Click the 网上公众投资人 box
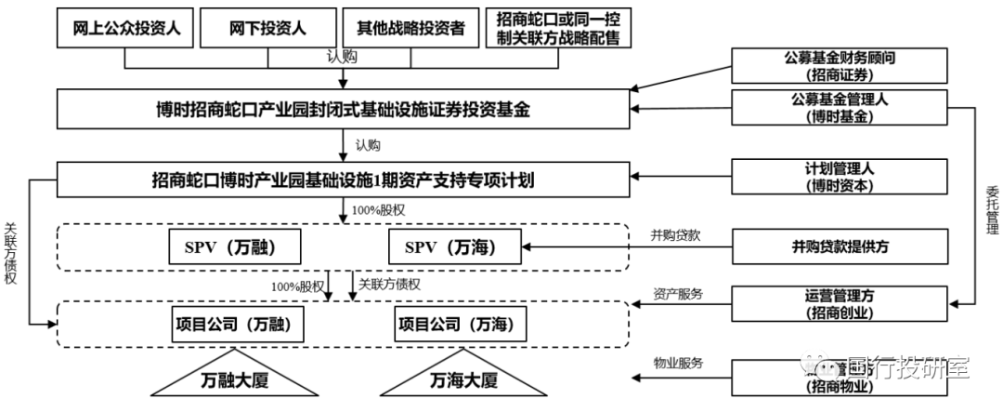click(x=125, y=29)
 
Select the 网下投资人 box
click(x=267, y=29)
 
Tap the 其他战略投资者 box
click(x=410, y=29)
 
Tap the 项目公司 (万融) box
click(x=238, y=325)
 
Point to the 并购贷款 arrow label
click(x=675, y=235)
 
